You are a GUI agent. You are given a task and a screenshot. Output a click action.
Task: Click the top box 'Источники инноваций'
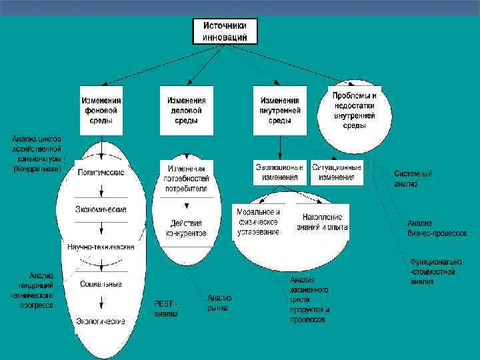point(225,31)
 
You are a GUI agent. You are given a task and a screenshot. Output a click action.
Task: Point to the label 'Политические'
point(101,172)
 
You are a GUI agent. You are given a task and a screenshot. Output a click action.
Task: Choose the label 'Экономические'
point(101,209)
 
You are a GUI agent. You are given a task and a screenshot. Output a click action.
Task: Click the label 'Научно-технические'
point(101,247)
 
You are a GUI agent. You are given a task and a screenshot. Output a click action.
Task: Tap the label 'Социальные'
point(101,284)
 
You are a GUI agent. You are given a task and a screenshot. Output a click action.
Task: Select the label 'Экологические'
point(101,321)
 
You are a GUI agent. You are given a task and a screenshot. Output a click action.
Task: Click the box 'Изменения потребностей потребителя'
point(187,179)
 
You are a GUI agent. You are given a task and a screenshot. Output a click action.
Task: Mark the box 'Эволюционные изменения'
point(279,173)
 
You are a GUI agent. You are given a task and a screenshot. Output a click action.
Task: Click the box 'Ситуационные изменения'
point(337,173)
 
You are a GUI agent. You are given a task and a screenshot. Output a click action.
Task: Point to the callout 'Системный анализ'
point(413,179)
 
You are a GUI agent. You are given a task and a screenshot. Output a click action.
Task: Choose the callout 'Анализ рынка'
point(218,303)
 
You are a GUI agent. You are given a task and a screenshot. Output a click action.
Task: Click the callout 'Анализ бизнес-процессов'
point(437,228)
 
